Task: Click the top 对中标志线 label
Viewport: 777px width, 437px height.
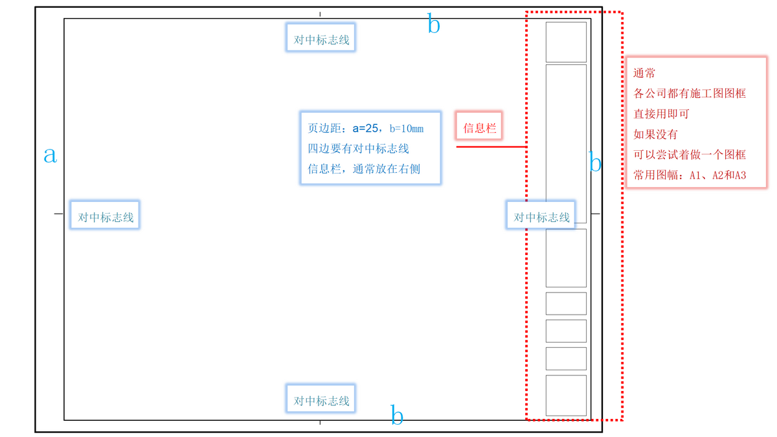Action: pos(322,40)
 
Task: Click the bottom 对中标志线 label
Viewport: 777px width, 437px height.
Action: pos(322,401)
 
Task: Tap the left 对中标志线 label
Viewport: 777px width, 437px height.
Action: pos(106,218)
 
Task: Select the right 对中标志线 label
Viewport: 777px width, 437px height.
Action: pos(541,218)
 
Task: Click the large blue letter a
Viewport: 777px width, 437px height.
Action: pos(50,154)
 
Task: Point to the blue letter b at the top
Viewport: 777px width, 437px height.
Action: pos(434,25)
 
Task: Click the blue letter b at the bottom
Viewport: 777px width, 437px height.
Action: pos(397,415)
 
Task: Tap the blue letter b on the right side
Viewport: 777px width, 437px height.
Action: pos(596,162)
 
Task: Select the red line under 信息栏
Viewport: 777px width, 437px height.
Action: pos(490,147)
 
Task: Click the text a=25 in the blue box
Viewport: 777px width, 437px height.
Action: pos(366,128)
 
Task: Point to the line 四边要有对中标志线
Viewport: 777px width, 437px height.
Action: pos(358,149)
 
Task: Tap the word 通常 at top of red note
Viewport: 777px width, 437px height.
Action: pos(644,73)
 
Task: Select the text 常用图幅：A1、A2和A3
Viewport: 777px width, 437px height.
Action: pos(690,175)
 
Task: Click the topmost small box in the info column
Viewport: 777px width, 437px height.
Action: pos(566,42)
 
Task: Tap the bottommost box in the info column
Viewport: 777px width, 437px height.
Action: pos(566,395)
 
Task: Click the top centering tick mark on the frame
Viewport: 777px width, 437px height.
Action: pos(320,14)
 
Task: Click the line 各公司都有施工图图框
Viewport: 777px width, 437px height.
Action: pos(690,93)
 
